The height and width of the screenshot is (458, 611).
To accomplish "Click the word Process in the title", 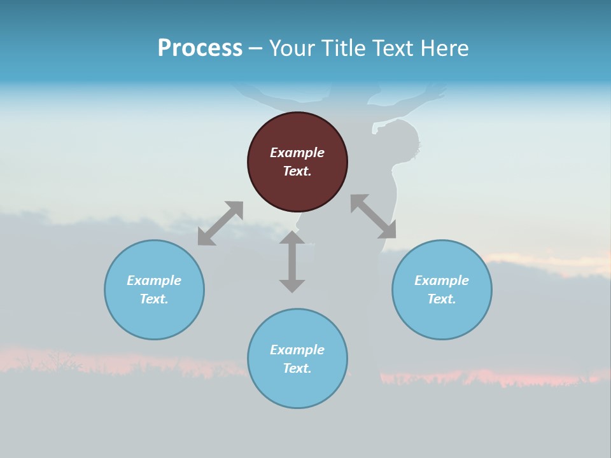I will (200, 48).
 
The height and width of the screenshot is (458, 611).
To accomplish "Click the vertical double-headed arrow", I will (292, 261).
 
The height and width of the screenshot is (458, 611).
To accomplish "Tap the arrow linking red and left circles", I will (220, 223).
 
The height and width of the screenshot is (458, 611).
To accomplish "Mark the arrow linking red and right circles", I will (373, 216).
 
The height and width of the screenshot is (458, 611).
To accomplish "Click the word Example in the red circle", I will (297, 153).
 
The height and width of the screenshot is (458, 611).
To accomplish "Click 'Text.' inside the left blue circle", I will (154, 299).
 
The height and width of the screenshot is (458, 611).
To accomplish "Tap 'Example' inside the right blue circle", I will (442, 281).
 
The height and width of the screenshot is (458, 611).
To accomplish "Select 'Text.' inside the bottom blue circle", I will (297, 368).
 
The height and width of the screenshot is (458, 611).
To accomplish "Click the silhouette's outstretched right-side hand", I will (437, 92).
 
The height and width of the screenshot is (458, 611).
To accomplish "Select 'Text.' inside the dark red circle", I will (297, 171).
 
